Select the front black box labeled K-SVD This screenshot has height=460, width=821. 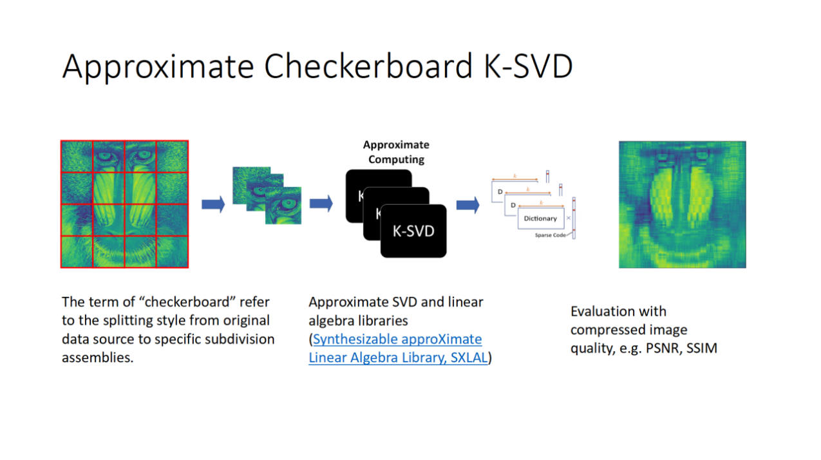(413, 231)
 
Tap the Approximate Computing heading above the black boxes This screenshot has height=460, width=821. (396, 152)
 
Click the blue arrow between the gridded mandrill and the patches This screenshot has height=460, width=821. (212, 204)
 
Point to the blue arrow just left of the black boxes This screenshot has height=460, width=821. (321, 204)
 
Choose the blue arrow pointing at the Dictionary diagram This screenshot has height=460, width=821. (467, 205)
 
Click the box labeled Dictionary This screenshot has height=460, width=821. (540, 218)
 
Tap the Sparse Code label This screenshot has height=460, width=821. (550, 235)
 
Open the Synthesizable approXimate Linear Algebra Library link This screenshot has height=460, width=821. (397, 339)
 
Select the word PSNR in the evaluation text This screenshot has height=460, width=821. (663, 349)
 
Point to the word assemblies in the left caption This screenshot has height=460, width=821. (97, 358)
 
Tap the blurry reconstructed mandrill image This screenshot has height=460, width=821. (682, 204)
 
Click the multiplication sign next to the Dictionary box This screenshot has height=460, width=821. (568, 218)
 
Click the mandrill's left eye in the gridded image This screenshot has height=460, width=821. (107, 155)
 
